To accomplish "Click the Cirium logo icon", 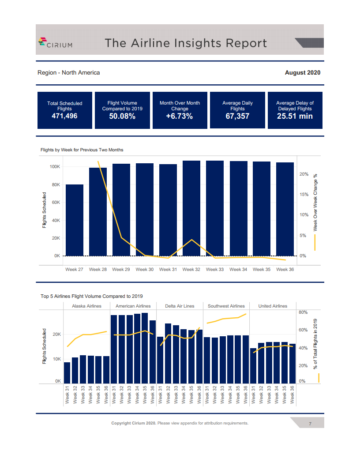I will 42,42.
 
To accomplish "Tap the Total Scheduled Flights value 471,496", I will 65,116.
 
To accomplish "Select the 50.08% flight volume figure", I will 122,116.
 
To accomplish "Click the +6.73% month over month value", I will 180,116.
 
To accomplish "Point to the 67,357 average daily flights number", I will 237,116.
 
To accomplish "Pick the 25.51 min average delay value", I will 295,116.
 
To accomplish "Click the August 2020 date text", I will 303,73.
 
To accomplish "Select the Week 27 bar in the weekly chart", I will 75,220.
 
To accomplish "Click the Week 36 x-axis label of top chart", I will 285,269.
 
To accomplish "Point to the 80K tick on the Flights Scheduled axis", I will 55,185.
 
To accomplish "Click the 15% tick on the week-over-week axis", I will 304,195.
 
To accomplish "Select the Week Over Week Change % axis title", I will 315,202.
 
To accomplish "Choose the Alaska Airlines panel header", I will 86,306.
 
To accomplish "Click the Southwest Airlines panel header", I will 226,306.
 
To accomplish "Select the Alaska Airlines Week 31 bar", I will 67,373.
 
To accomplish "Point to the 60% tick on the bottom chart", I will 303,330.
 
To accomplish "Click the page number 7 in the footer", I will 310,424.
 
